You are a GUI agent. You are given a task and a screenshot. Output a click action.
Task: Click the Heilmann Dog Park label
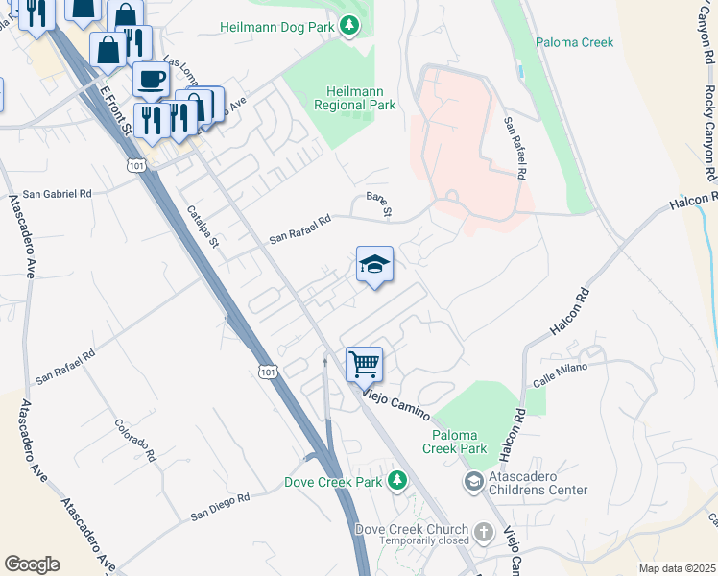pos(278,26)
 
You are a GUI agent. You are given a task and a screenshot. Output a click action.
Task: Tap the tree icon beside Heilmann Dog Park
pos(351,26)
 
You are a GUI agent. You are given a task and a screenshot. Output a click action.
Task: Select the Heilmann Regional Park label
pos(355,97)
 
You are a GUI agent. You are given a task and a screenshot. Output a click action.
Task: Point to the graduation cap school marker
pos(374,265)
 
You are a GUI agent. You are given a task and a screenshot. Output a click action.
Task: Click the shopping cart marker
pos(364,365)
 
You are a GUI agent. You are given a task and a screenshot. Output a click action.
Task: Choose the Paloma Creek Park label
pos(454,441)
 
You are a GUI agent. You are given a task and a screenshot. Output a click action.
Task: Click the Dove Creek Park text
pos(333,481)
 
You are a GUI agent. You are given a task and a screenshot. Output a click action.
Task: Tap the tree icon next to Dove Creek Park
pos(396,481)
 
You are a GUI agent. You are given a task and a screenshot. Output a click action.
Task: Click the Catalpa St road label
pos(203,227)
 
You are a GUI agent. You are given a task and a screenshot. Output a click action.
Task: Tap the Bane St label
pos(380,204)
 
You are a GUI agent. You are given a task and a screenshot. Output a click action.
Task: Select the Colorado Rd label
pos(134,437)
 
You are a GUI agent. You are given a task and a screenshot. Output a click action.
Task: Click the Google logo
pos(32,564)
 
